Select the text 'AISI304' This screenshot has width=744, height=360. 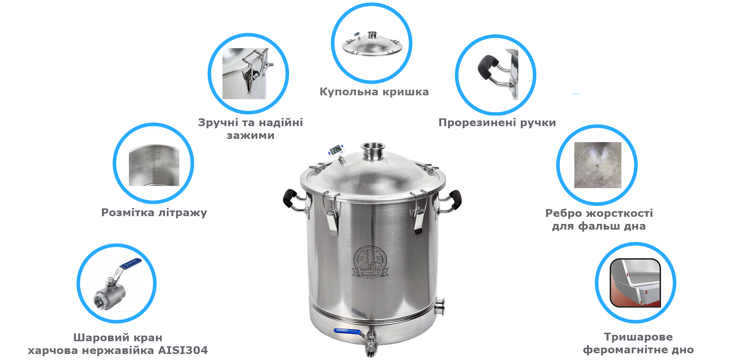(183, 350)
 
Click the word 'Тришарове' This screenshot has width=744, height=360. (638, 337)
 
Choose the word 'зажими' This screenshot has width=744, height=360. (250, 135)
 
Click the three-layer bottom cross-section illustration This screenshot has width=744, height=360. (636, 283)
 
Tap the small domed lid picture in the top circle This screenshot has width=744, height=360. (372, 44)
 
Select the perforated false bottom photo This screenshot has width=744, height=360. (598, 165)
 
